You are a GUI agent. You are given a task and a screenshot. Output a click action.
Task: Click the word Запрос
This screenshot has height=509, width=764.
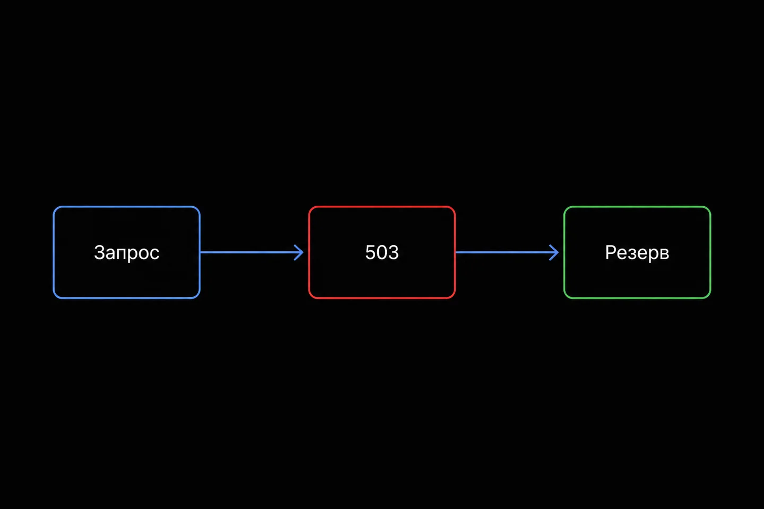point(126,253)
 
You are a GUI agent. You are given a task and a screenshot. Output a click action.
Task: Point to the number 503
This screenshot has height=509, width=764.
point(381,252)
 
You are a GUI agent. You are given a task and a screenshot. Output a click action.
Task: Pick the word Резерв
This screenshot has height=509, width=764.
point(637,253)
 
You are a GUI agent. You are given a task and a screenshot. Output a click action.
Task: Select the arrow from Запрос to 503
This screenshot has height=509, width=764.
point(251,252)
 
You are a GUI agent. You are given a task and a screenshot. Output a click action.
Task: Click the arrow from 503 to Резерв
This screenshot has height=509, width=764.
point(507,252)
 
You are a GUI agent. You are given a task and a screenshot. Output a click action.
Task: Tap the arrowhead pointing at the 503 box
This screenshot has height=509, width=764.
point(299,252)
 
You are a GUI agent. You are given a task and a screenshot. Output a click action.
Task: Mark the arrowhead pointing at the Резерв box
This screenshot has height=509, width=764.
point(554,252)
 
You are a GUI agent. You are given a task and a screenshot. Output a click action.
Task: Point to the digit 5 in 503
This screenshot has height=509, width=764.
point(370,252)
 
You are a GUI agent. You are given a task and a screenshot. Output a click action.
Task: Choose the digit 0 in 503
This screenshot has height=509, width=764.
point(381,252)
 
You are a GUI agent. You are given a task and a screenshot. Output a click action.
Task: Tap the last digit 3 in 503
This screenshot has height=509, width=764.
point(393,252)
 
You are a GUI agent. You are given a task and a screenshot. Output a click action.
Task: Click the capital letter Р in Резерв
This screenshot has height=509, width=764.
point(611,252)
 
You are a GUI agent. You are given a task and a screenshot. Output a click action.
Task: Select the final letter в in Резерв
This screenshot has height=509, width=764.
point(664,254)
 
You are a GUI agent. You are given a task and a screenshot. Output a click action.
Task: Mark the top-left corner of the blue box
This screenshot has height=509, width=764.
point(54,207)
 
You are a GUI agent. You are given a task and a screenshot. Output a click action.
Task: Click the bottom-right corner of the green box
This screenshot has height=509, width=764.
point(710,298)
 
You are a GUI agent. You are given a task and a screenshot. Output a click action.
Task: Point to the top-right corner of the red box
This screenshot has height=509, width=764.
point(455,207)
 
